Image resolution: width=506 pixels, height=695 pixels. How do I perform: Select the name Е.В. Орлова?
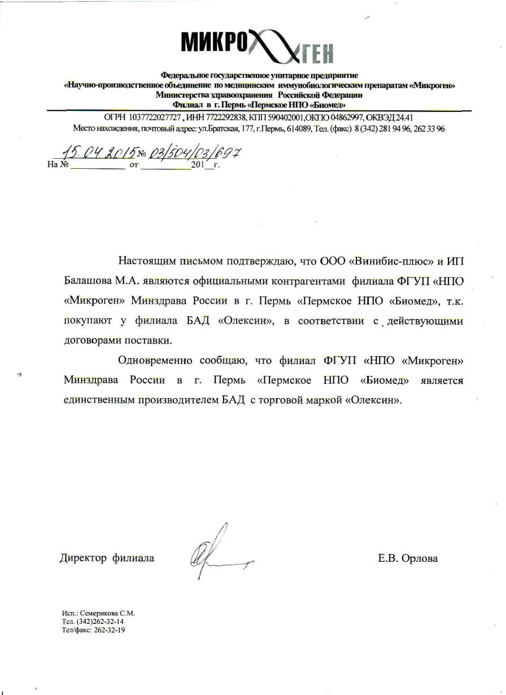click(408, 559)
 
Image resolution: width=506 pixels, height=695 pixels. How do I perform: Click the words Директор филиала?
click(107, 559)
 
